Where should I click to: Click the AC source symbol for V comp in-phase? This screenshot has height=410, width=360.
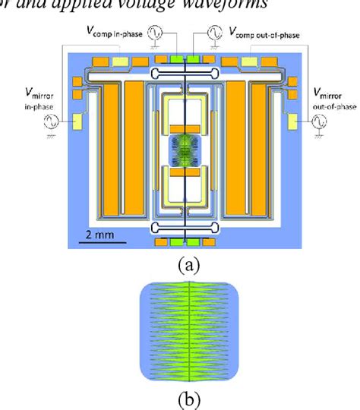click(156, 33)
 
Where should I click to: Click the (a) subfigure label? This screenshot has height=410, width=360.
click(185, 264)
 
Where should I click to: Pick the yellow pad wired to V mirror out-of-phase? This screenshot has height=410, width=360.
click(291, 121)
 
